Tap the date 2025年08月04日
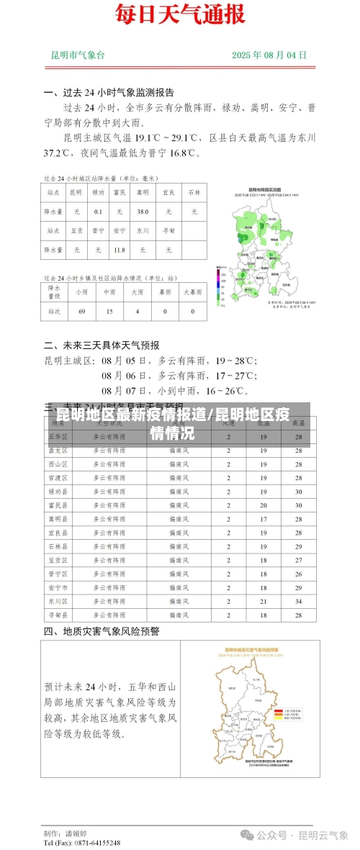269,55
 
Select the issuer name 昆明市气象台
78,55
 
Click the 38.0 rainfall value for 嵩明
143,212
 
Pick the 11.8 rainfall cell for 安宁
120,250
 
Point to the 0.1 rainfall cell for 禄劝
98,212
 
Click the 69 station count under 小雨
81,312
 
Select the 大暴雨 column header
192,292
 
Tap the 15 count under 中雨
109,312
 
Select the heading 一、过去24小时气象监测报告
109,93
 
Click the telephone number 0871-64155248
91,842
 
